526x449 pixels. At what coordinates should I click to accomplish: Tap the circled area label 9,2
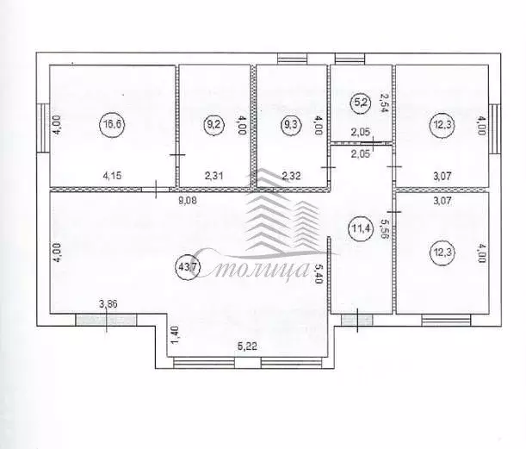click(x=213, y=124)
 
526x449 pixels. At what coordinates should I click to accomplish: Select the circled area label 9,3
click(x=291, y=124)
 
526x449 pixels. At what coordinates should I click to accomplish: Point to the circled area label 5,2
click(x=361, y=103)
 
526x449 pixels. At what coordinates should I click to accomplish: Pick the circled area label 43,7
click(x=188, y=268)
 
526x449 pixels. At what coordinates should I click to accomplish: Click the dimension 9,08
click(x=188, y=201)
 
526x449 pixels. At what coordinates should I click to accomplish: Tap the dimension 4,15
click(x=113, y=175)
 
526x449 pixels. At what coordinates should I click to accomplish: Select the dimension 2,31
click(x=213, y=175)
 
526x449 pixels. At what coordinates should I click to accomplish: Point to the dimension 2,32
click(x=291, y=175)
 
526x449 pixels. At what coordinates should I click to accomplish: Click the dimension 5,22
click(x=247, y=346)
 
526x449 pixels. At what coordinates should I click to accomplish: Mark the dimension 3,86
click(x=108, y=304)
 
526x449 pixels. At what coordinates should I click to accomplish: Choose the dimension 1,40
click(x=175, y=336)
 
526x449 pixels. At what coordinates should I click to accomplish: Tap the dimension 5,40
click(x=318, y=273)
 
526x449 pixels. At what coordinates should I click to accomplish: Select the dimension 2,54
click(x=384, y=103)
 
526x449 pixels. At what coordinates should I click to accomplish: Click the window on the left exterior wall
click(x=43, y=128)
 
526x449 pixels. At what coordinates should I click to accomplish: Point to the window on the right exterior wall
click(x=495, y=129)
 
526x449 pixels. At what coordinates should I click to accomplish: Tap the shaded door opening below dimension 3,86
click(x=106, y=320)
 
